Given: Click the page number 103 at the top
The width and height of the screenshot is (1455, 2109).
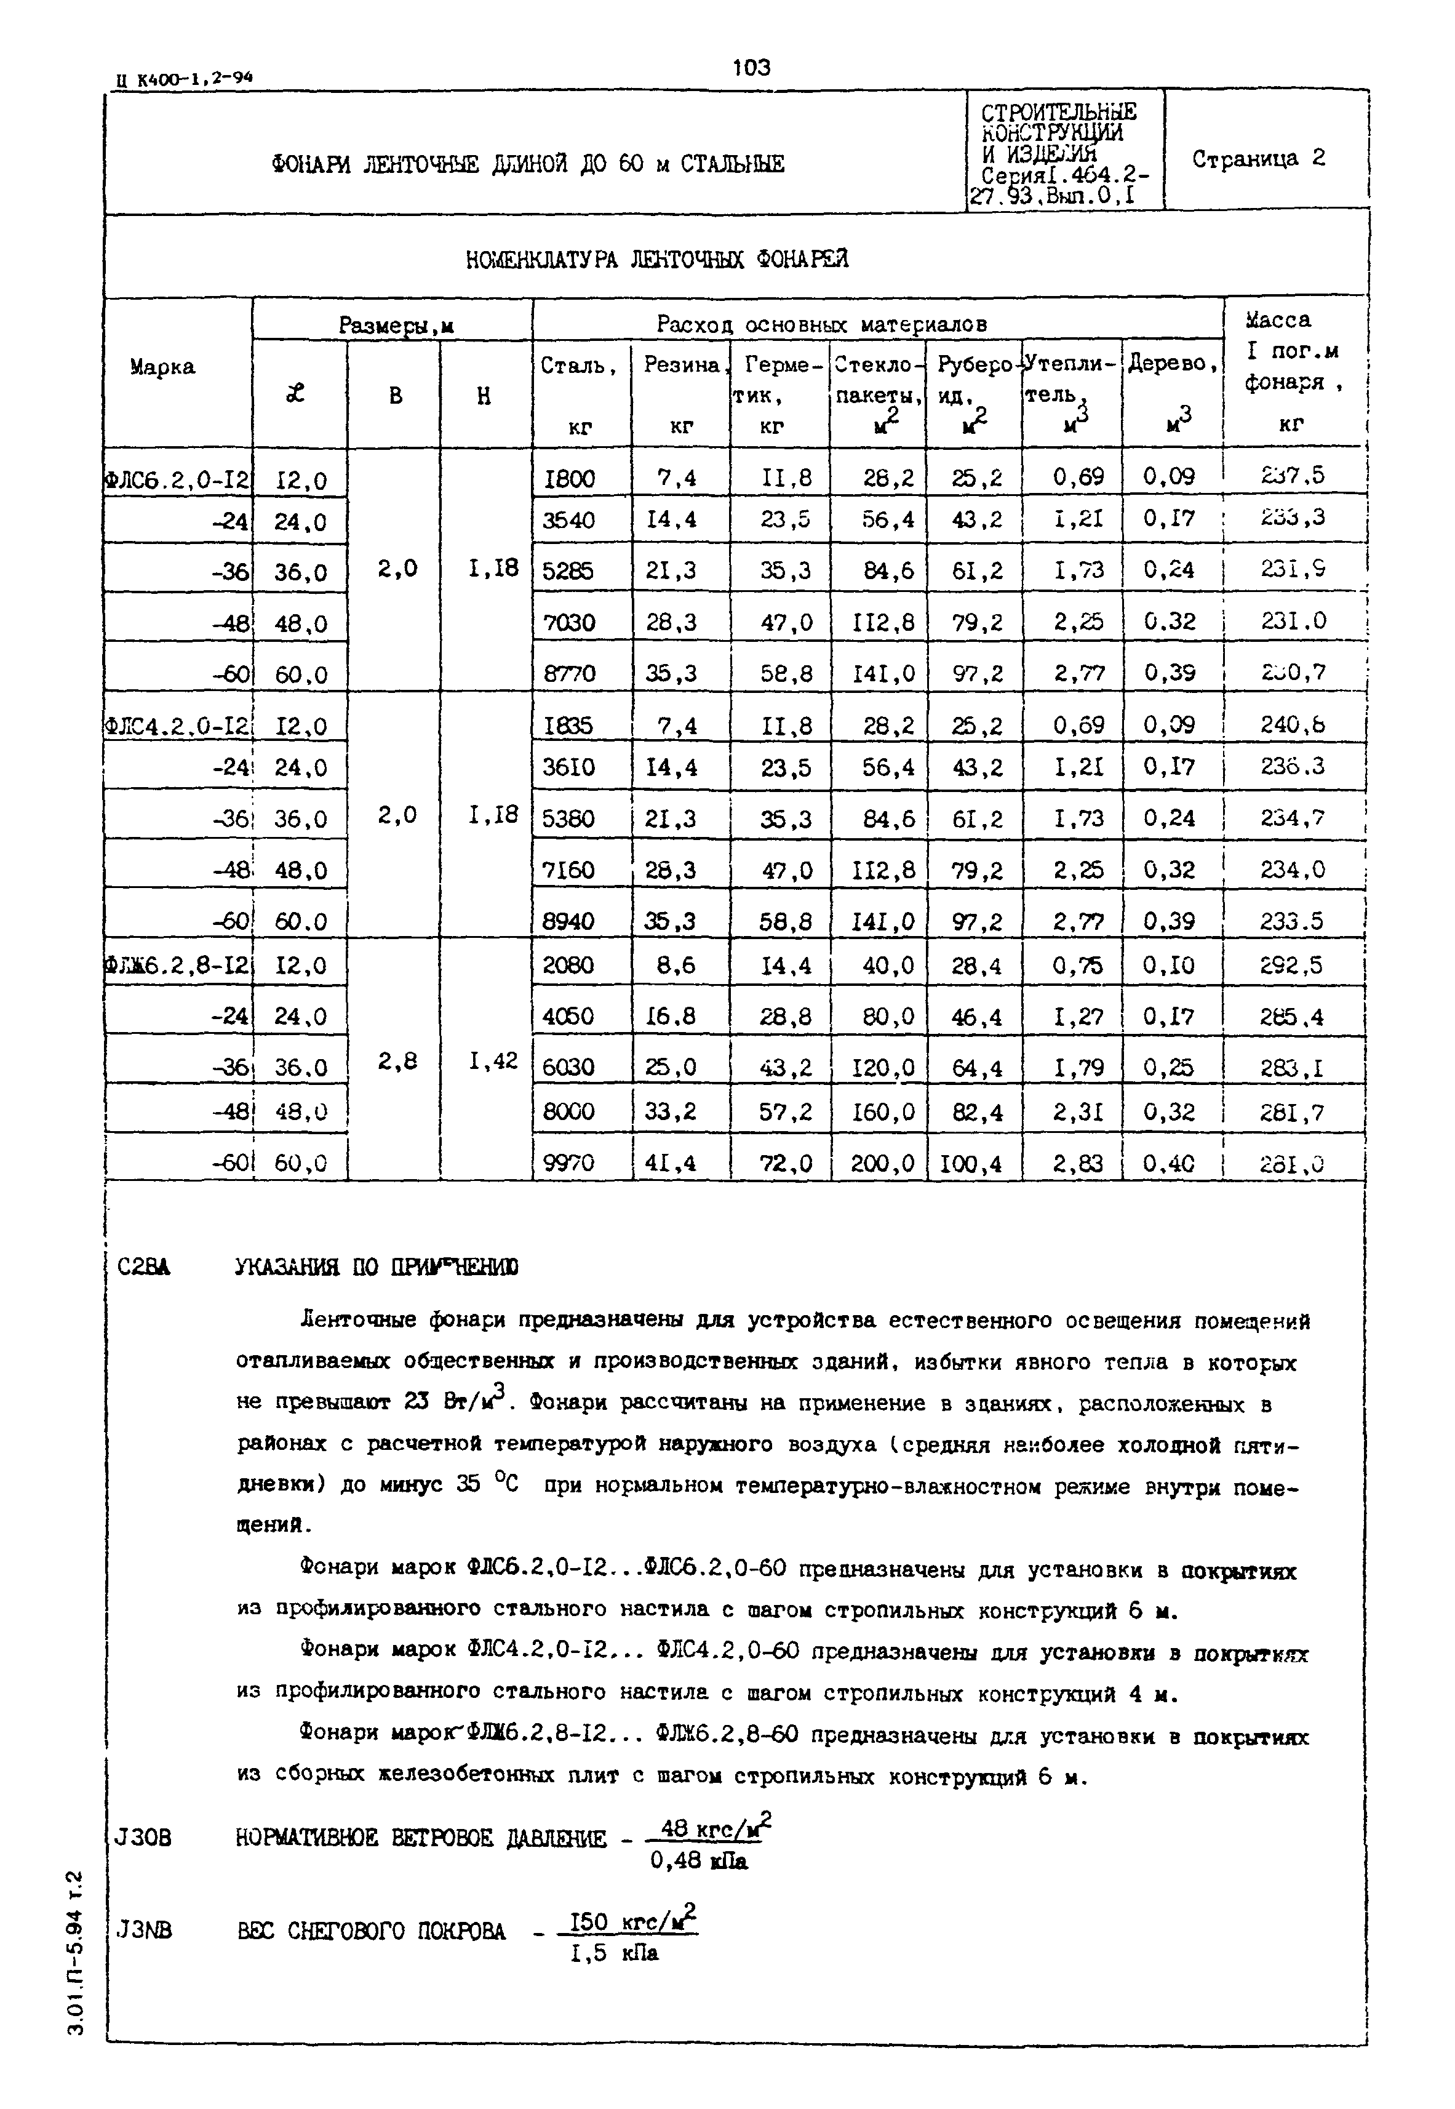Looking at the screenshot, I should [x=751, y=68].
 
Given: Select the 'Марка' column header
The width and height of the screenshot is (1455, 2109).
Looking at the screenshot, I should [x=162, y=367].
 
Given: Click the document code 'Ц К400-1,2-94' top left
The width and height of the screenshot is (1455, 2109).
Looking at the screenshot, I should [x=184, y=79].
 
